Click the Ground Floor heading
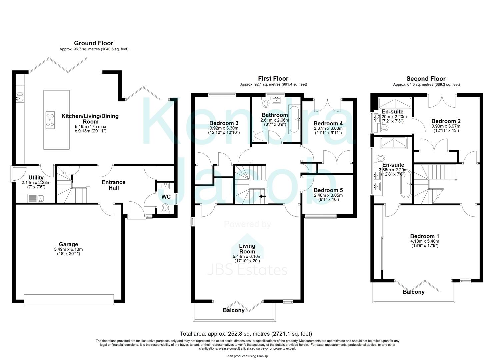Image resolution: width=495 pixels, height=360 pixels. point(93,43)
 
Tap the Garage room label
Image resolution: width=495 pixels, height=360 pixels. point(68,244)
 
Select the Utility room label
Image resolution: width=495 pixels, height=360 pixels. point(36,178)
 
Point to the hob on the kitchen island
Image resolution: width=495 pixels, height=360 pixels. point(50,119)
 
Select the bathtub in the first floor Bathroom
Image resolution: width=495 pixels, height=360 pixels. point(295,119)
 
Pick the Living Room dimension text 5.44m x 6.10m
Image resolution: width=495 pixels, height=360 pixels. point(247,256)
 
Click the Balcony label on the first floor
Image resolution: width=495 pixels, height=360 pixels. point(233,310)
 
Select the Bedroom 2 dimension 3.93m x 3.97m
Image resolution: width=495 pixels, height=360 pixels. point(446,126)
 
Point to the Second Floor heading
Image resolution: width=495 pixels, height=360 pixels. point(426,79)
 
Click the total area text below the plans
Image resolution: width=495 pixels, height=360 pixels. point(246,333)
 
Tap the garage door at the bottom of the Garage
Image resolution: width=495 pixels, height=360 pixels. point(69,299)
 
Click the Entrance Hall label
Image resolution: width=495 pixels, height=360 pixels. point(113,185)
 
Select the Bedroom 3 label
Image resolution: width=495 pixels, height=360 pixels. point(224,123)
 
